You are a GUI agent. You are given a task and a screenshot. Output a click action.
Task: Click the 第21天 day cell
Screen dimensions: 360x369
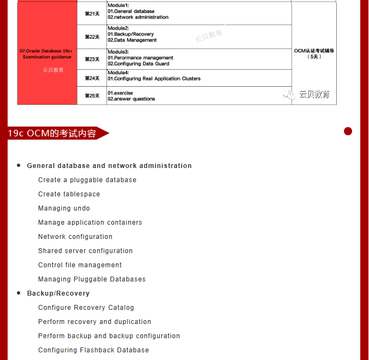(92, 14)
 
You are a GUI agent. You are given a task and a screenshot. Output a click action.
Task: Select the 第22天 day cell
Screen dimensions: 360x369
(92, 37)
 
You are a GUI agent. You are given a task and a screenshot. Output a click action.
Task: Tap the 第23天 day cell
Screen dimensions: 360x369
(92, 59)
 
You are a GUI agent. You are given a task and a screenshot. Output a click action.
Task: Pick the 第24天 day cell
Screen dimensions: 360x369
(92, 78)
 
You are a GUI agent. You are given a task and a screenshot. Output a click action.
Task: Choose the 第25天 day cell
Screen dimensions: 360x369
(92, 95)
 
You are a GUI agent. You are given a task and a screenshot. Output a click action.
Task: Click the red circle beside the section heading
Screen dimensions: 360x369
(348, 131)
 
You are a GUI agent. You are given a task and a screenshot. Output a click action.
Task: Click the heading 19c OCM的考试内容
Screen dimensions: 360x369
(52, 133)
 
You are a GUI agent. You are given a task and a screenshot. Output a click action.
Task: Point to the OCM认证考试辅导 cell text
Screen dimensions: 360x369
(314, 53)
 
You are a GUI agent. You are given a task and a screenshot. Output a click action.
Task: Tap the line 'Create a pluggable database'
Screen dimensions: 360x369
(87, 180)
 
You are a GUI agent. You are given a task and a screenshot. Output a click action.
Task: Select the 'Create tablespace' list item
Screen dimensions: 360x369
(69, 194)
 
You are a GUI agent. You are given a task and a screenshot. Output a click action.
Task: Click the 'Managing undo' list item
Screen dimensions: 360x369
(64, 208)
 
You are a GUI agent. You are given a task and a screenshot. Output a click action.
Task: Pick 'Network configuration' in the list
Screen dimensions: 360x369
(75, 237)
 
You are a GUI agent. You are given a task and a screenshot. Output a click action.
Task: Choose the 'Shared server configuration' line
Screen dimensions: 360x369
(86, 251)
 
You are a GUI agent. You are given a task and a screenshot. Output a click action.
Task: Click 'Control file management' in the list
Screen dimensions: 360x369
(80, 265)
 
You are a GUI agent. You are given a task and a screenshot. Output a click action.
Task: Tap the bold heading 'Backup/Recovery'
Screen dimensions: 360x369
(58, 293)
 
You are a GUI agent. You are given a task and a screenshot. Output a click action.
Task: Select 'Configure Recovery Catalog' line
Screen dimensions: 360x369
(86, 308)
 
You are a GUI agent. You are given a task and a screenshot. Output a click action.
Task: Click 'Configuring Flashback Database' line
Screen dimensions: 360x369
(93, 350)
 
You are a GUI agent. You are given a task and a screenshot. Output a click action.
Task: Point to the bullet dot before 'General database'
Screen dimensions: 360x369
(19, 165)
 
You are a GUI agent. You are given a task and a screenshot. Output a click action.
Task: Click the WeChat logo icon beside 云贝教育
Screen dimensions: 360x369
(289, 94)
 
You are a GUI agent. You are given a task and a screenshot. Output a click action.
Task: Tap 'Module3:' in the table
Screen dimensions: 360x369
(118, 51)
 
